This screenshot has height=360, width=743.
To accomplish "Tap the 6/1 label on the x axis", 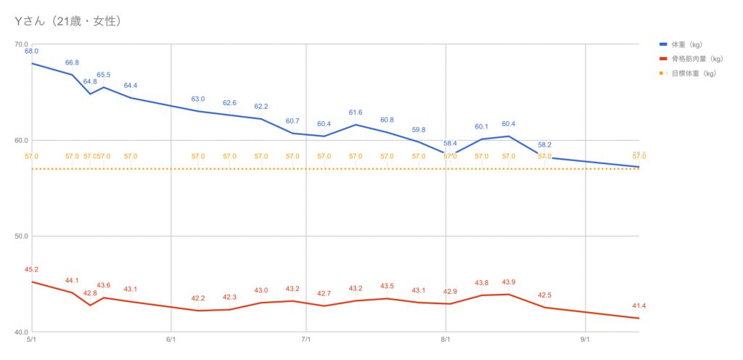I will tap(171, 339).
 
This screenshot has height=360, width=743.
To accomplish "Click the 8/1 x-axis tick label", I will tap(446, 339).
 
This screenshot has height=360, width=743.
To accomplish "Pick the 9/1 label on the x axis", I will tap(585, 339).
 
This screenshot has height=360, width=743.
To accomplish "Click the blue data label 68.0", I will tap(31, 52).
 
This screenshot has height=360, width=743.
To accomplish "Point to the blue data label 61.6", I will tap(356, 112).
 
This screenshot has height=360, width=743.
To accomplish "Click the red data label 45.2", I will tap(31, 270).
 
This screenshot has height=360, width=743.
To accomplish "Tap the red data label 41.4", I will tap(639, 306).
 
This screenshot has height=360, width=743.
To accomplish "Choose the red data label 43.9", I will tap(509, 282).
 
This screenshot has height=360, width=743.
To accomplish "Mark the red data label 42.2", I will tap(198, 298).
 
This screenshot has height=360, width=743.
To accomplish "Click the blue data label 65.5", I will tap(104, 75).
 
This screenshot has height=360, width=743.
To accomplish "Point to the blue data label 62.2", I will tap(261, 107).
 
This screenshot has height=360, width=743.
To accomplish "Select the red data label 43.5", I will tap(387, 286).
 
